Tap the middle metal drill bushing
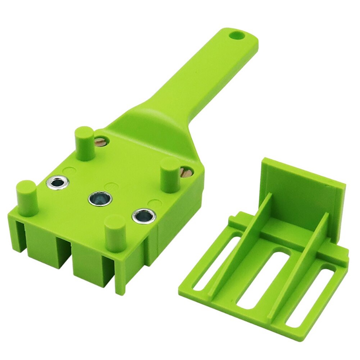[x=100, y=198]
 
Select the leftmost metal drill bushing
[x=58, y=183]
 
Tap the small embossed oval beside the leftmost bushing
[x=69, y=169]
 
